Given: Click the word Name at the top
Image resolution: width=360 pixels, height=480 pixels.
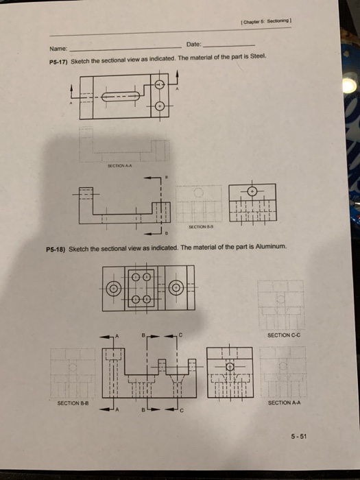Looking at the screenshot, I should (x=57, y=49).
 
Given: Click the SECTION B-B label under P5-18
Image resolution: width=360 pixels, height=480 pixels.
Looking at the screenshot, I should (x=71, y=404).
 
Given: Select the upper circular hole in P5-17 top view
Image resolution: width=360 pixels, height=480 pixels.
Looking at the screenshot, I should (x=160, y=86).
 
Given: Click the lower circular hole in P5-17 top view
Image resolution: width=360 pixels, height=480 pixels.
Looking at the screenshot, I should (x=160, y=107).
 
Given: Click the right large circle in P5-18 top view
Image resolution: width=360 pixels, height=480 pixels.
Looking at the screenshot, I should (x=176, y=288).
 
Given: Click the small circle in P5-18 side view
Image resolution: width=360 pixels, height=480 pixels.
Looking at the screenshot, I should (x=230, y=367).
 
